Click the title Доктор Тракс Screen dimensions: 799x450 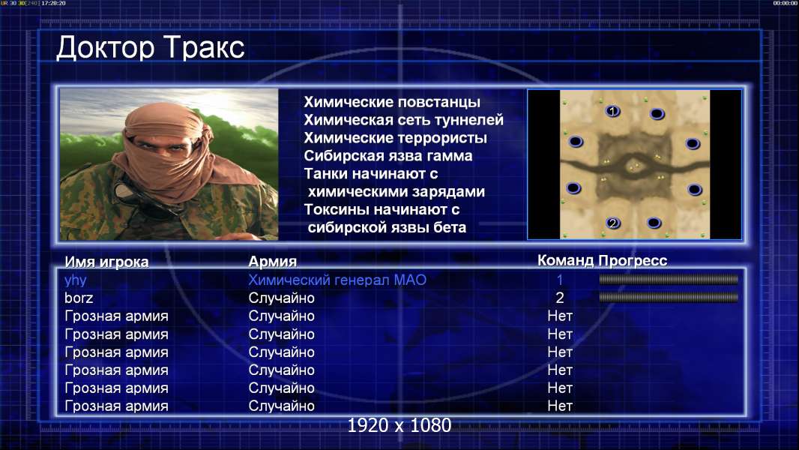point(151,49)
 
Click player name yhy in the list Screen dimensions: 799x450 point(76,280)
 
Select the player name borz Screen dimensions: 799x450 point(79,298)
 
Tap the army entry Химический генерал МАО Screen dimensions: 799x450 point(337,280)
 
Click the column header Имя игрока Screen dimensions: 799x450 point(106,262)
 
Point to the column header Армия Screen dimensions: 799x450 point(273,262)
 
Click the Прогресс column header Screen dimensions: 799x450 point(633,260)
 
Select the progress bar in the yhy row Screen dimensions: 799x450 point(669,279)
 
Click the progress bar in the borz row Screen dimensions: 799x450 point(669,297)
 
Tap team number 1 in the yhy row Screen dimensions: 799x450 point(559,280)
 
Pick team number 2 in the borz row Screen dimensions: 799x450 point(559,298)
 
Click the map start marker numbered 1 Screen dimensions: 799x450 point(612,110)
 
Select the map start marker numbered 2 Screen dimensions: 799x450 point(613,223)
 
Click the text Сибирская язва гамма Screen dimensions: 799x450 point(388,156)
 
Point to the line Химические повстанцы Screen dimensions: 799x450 point(392,102)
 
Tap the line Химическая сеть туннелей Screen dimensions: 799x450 point(403,120)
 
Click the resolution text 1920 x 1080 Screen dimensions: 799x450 point(399,425)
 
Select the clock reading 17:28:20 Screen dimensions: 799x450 point(53,3)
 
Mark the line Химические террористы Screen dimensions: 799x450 point(396,138)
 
